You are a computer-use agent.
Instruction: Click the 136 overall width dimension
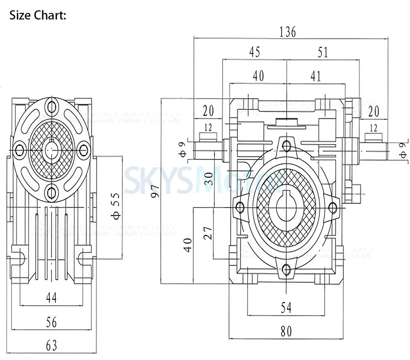pos(287,32)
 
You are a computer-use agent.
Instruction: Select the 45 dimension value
pos(254,52)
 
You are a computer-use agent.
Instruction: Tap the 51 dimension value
pos(323,52)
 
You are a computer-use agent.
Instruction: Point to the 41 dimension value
pos(316,76)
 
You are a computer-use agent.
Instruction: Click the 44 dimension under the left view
pos(51,298)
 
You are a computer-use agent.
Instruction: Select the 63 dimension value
pos(51,346)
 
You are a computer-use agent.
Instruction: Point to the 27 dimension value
pos(208,234)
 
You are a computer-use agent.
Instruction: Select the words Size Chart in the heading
pos(37,16)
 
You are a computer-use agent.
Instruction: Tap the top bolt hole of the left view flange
pos(51,106)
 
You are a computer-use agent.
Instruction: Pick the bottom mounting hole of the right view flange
pos(287,269)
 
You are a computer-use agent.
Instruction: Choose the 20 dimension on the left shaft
pos(208,111)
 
